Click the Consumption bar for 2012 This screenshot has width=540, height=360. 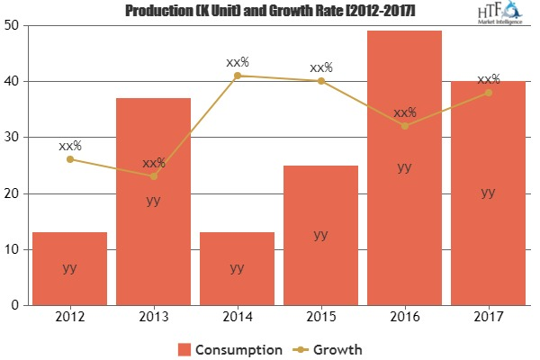69,268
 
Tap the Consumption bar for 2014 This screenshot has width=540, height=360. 237,268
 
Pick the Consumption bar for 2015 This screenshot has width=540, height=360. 320,235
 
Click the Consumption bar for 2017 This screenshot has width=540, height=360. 488,193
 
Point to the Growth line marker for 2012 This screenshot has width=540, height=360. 69,159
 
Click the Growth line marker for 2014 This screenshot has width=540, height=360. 237,76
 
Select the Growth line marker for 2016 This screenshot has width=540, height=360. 404,126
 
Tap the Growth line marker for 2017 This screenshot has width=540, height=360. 488,93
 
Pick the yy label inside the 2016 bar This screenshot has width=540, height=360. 404,166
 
